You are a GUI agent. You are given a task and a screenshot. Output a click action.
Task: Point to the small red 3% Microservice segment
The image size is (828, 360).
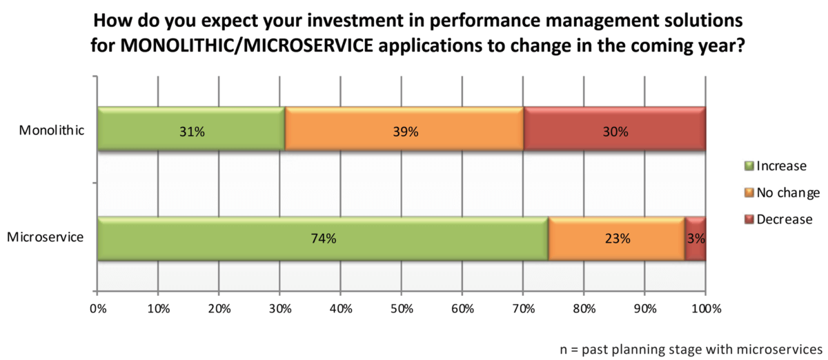[x=696, y=239]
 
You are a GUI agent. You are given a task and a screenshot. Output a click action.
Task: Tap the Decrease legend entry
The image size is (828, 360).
[x=780, y=219]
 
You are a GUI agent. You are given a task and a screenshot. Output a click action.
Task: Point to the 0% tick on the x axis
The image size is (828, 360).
[x=97, y=309]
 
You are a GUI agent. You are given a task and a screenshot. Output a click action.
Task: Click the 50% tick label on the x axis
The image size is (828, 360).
[x=401, y=309]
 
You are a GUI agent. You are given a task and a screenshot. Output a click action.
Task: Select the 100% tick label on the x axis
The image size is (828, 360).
[x=704, y=309]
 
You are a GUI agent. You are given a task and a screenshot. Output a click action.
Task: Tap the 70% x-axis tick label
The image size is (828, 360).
[x=522, y=309]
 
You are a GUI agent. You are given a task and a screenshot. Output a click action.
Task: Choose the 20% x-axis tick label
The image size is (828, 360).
[x=219, y=309]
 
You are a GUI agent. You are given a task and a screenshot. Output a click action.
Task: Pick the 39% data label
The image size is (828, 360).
[x=406, y=131]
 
